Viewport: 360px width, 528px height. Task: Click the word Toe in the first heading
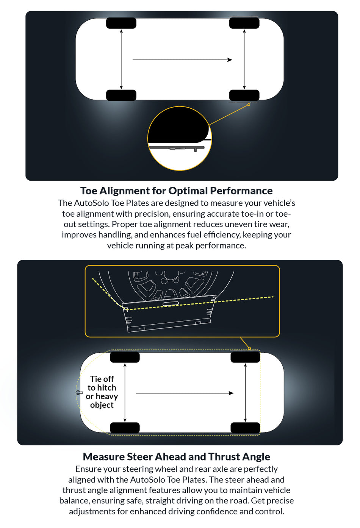tap(89, 191)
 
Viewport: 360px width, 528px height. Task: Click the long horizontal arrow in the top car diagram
tap(182, 60)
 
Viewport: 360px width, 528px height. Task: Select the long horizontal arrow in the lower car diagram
tap(185, 393)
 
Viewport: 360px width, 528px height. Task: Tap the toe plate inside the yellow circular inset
tap(176, 147)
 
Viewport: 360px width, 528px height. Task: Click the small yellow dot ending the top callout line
tap(249, 105)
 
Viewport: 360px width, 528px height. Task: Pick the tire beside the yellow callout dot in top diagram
tap(244, 95)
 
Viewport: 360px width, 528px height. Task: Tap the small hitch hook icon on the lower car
tap(79, 393)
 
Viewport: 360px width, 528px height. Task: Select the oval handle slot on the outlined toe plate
tap(171, 304)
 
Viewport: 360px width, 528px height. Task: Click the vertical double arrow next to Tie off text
tap(125, 392)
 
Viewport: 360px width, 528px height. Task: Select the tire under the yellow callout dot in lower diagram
tap(245, 357)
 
